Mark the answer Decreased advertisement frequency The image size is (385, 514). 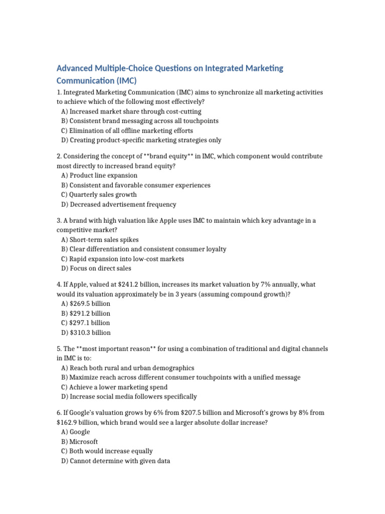tap(119, 204)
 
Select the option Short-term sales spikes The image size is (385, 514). tap(100, 240)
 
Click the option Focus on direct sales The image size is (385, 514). tap(96, 269)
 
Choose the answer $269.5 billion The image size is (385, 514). tap(86, 304)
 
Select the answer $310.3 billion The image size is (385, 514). tap(86, 332)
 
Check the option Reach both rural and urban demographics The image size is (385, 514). tap(127, 368)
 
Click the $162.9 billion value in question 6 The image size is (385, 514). tap(75, 423)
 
